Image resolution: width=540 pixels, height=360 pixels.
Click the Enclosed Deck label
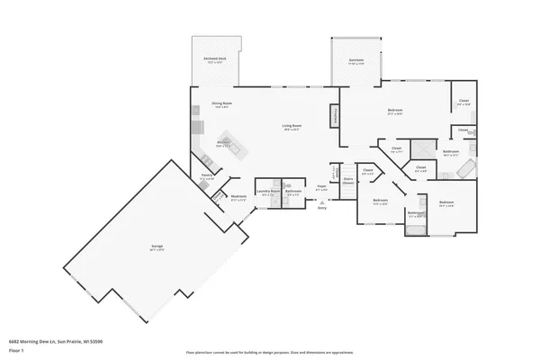pos(215,59)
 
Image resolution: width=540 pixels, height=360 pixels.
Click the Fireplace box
pos(335,117)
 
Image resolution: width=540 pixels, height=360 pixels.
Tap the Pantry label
pos(206,176)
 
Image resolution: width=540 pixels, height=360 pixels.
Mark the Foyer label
pos(321,187)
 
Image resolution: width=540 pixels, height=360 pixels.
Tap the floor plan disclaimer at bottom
pos(269,352)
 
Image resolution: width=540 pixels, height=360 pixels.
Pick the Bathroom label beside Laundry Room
pos(293,191)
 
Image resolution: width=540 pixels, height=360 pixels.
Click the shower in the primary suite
pos(419,149)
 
